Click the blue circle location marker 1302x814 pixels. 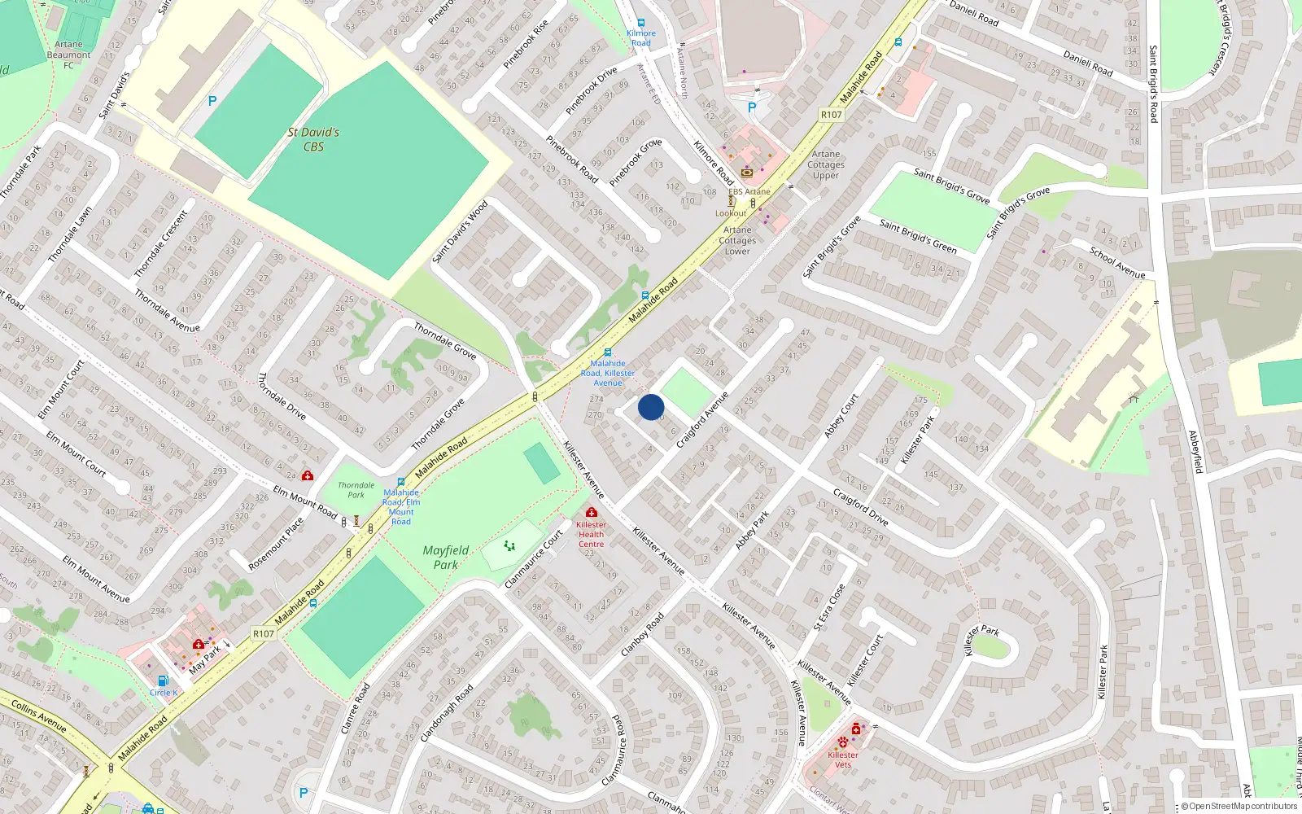(651, 407)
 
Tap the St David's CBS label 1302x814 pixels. (313, 139)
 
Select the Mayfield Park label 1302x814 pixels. (446, 558)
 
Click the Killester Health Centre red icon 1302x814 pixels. (592, 512)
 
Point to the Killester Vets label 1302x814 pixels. (843, 759)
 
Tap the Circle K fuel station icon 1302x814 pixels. (163, 681)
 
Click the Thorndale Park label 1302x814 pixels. (356, 489)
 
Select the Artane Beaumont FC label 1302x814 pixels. (69, 55)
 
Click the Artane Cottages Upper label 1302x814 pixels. (826, 164)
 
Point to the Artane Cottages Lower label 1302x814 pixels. (738, 240)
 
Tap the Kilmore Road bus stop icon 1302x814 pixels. (641, 23)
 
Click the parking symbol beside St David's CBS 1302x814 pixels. (212, 101)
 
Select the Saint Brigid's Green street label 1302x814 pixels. (918, 236)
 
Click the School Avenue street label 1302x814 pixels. (1117, 262)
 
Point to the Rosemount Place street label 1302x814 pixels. (276, 544)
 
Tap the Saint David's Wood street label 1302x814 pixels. (460, 232)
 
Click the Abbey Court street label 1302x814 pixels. (841, 416)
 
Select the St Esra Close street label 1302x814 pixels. (830, 607)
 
